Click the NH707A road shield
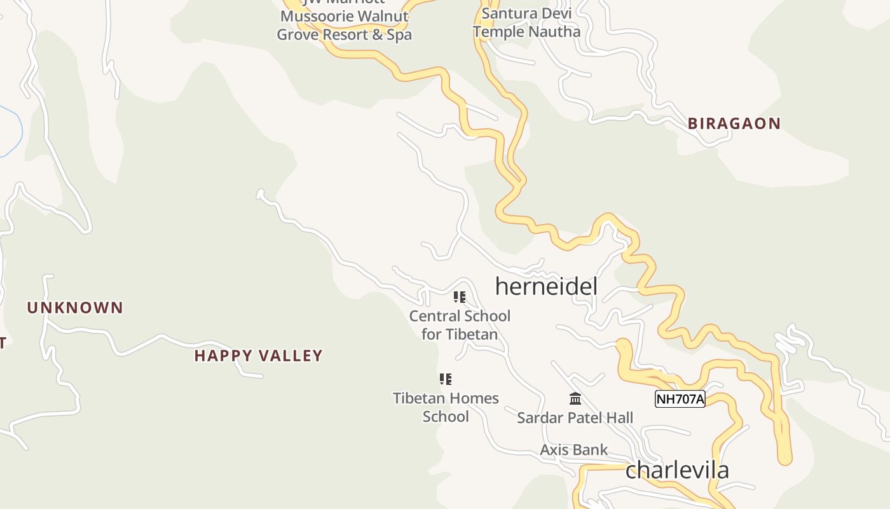click(x=680, y=399)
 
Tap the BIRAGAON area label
click(x=734, y=123)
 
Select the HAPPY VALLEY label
click(x=258, y=356)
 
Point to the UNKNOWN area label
click(x=75, y=308)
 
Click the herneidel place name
click(x=546, y=286)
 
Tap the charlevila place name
click(x=677, y=470)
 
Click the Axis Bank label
click(x=573, y=450)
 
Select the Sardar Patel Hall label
click(x=575, y=418)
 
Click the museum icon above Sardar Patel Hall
click(x=575, y=399)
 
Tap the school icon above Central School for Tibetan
click(x=460, y=297)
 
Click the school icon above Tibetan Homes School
click(x=446, y=379)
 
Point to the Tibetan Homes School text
click(x=446, y=407)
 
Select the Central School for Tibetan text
click(x=460, y=324)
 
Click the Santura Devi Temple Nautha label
click(x=526, y=22)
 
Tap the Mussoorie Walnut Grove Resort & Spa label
click(x=344, y=25)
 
